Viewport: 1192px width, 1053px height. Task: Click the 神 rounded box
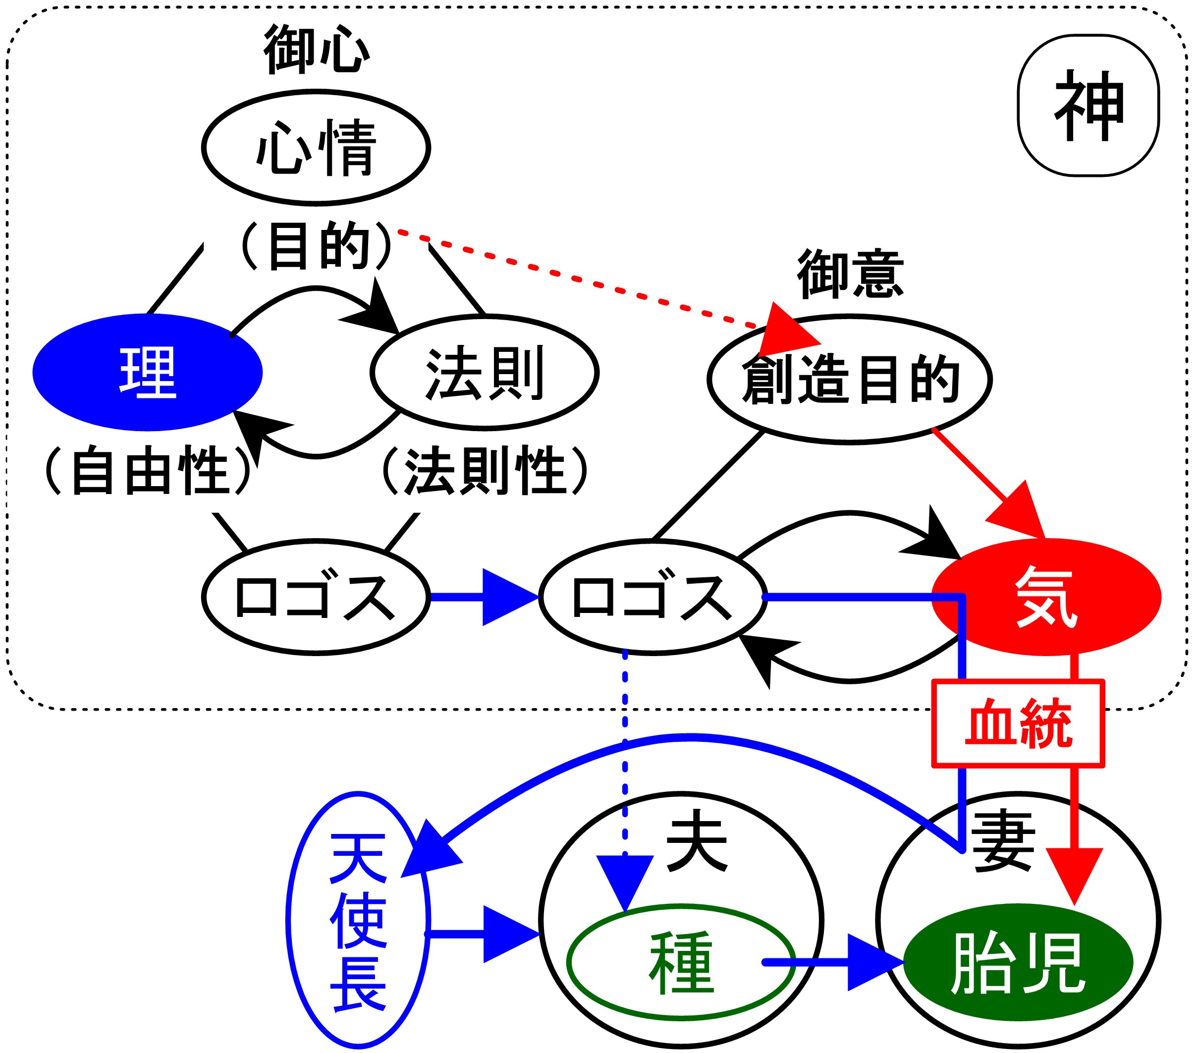coord(1088,105)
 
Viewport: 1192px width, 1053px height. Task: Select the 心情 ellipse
coord(316,148)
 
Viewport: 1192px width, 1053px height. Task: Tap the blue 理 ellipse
coord(148,372)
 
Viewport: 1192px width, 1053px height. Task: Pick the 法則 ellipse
coord(485,373)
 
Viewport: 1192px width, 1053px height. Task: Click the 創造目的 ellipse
coord(850,379)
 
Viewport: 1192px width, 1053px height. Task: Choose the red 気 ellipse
coord(1046,597)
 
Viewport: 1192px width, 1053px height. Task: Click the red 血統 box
coord(1018,723)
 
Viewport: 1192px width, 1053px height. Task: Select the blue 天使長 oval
coord(358,921)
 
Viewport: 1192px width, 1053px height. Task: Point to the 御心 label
coord(317,50)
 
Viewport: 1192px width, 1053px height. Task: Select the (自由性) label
coord(148,470)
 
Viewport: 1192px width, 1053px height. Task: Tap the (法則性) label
coord(485,470)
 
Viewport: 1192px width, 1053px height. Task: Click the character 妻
coord(1002,843)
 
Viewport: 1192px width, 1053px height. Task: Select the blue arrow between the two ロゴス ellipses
coord(484,597)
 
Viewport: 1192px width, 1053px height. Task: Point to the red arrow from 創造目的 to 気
coord(991,484)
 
